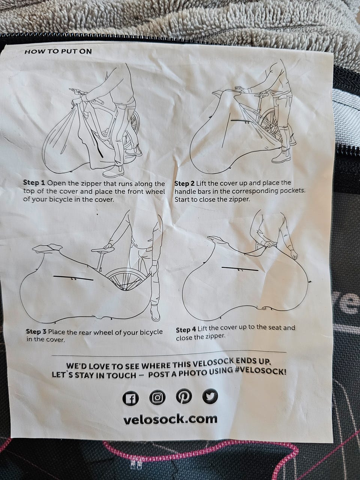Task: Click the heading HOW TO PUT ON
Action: [58, 52]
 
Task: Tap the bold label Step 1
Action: [34, 183]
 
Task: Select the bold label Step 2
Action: [185, 183]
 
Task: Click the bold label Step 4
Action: [186, 330]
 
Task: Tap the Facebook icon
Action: [130, 398]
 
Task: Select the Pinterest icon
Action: [184, 396]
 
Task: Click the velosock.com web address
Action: [171, 419]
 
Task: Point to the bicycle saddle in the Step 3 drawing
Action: [103, 249]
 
